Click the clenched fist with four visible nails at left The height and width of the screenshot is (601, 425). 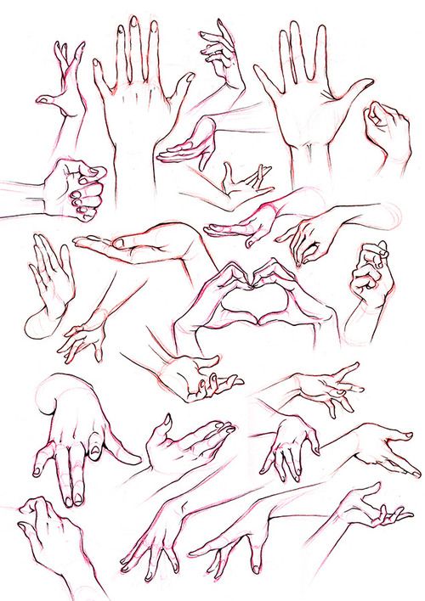pos(79,188)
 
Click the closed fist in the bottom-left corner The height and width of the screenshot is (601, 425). pos(47,526)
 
